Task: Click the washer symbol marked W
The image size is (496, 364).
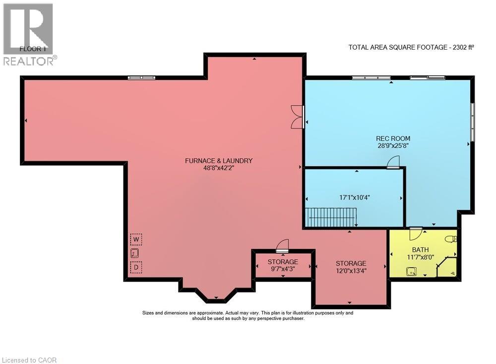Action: pos(136,239)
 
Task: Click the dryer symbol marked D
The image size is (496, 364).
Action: pos(136,267)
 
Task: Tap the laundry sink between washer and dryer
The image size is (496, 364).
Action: pos(134,253)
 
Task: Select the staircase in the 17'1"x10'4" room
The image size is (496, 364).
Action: pos(331,218)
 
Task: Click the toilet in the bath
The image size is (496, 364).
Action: pos(451,238)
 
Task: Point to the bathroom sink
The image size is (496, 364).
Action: pos(411,272)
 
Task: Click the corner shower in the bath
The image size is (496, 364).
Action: pos(447,267)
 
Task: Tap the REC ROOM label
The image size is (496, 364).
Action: pos(393,139)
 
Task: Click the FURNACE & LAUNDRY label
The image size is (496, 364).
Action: pos(219,160)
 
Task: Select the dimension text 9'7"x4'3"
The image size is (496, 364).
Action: pos(283,269)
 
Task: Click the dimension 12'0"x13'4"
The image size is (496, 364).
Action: pos(351,271)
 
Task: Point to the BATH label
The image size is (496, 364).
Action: pos(420,250)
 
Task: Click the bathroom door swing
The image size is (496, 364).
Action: pos(416,233)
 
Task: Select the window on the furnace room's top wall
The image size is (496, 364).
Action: pos(141,77)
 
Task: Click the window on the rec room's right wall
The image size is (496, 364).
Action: pos(473,122)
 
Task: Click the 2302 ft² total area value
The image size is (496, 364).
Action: pos(463,47)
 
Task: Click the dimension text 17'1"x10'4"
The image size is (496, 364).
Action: pos(355,197)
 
